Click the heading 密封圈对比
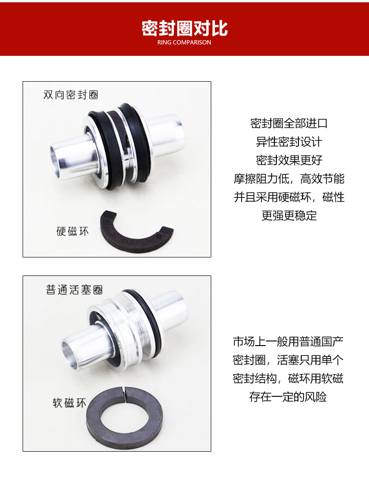click(x=184, y=29)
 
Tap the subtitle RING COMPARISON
click(x=184, y=42)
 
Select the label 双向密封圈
click(x=71, y=95)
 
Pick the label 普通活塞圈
click(x=74, y=290)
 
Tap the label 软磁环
click(x=69, y=403)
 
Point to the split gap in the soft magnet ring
click(x=125, y=393)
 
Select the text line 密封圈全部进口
click(x=289, y=124)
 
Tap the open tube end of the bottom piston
click(x=69, y=351)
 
